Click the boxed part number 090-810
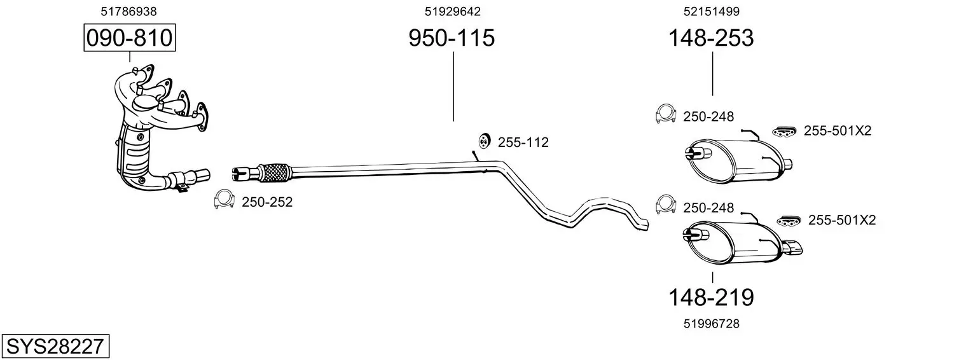tap(130, 38)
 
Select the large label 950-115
tap(452, 38)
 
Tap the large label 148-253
tap(710, 38)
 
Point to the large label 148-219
tap(710, 298)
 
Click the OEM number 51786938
tap(128, 11)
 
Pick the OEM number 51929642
tap(453, 11)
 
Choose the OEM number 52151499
tap(712, 11)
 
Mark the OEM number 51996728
tap(712, 324)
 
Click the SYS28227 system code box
tap(55, 346)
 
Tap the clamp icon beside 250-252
tap(224, 199)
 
